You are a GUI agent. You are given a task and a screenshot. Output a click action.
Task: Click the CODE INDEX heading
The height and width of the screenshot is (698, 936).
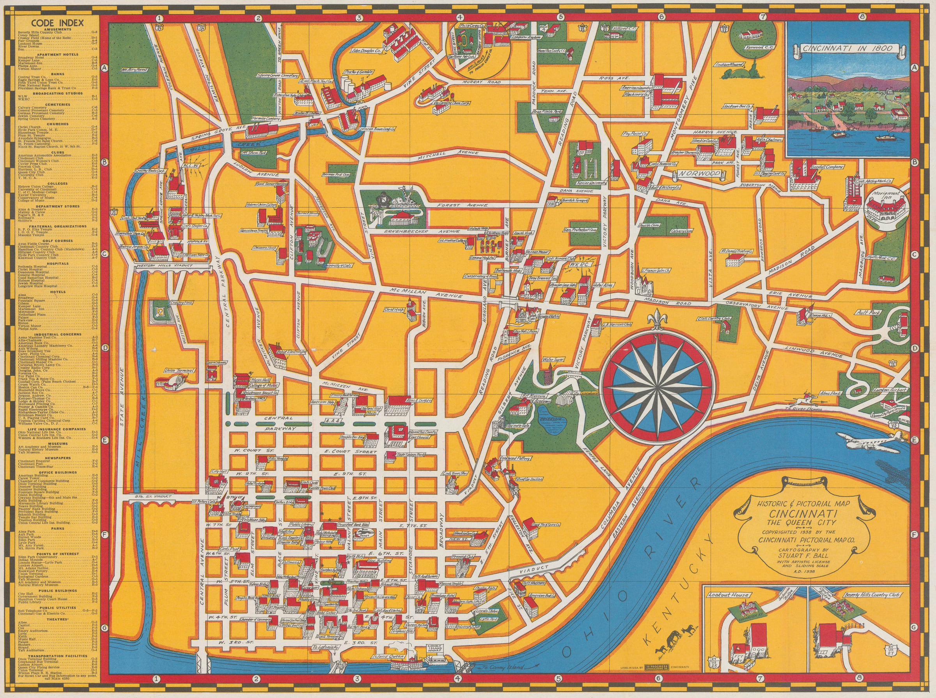pos(54,23)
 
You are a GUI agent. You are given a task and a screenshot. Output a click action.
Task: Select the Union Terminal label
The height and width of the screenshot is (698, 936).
pos(181,371)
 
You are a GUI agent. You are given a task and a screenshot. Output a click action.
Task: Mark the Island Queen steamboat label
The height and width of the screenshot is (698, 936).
pos(388,669)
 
